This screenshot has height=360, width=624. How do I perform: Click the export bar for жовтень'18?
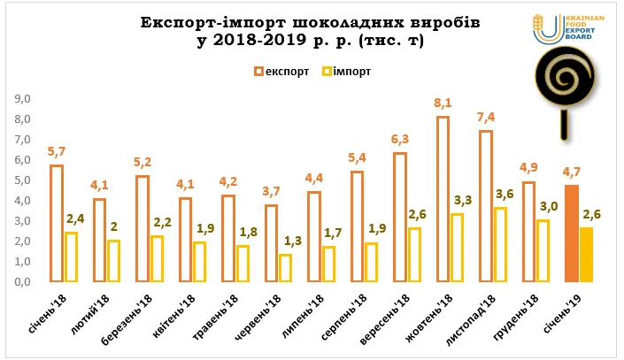pos(443,200)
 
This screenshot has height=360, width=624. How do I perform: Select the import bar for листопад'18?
pos(500,245)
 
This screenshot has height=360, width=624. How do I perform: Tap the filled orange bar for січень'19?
pos(571,234)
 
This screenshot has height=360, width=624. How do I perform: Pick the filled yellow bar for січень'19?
pos(586,255)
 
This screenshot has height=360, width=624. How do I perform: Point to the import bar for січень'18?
pos(71,257)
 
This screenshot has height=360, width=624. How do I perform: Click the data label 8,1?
pos(443,103)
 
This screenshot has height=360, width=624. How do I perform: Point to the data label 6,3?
pos(399,139)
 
